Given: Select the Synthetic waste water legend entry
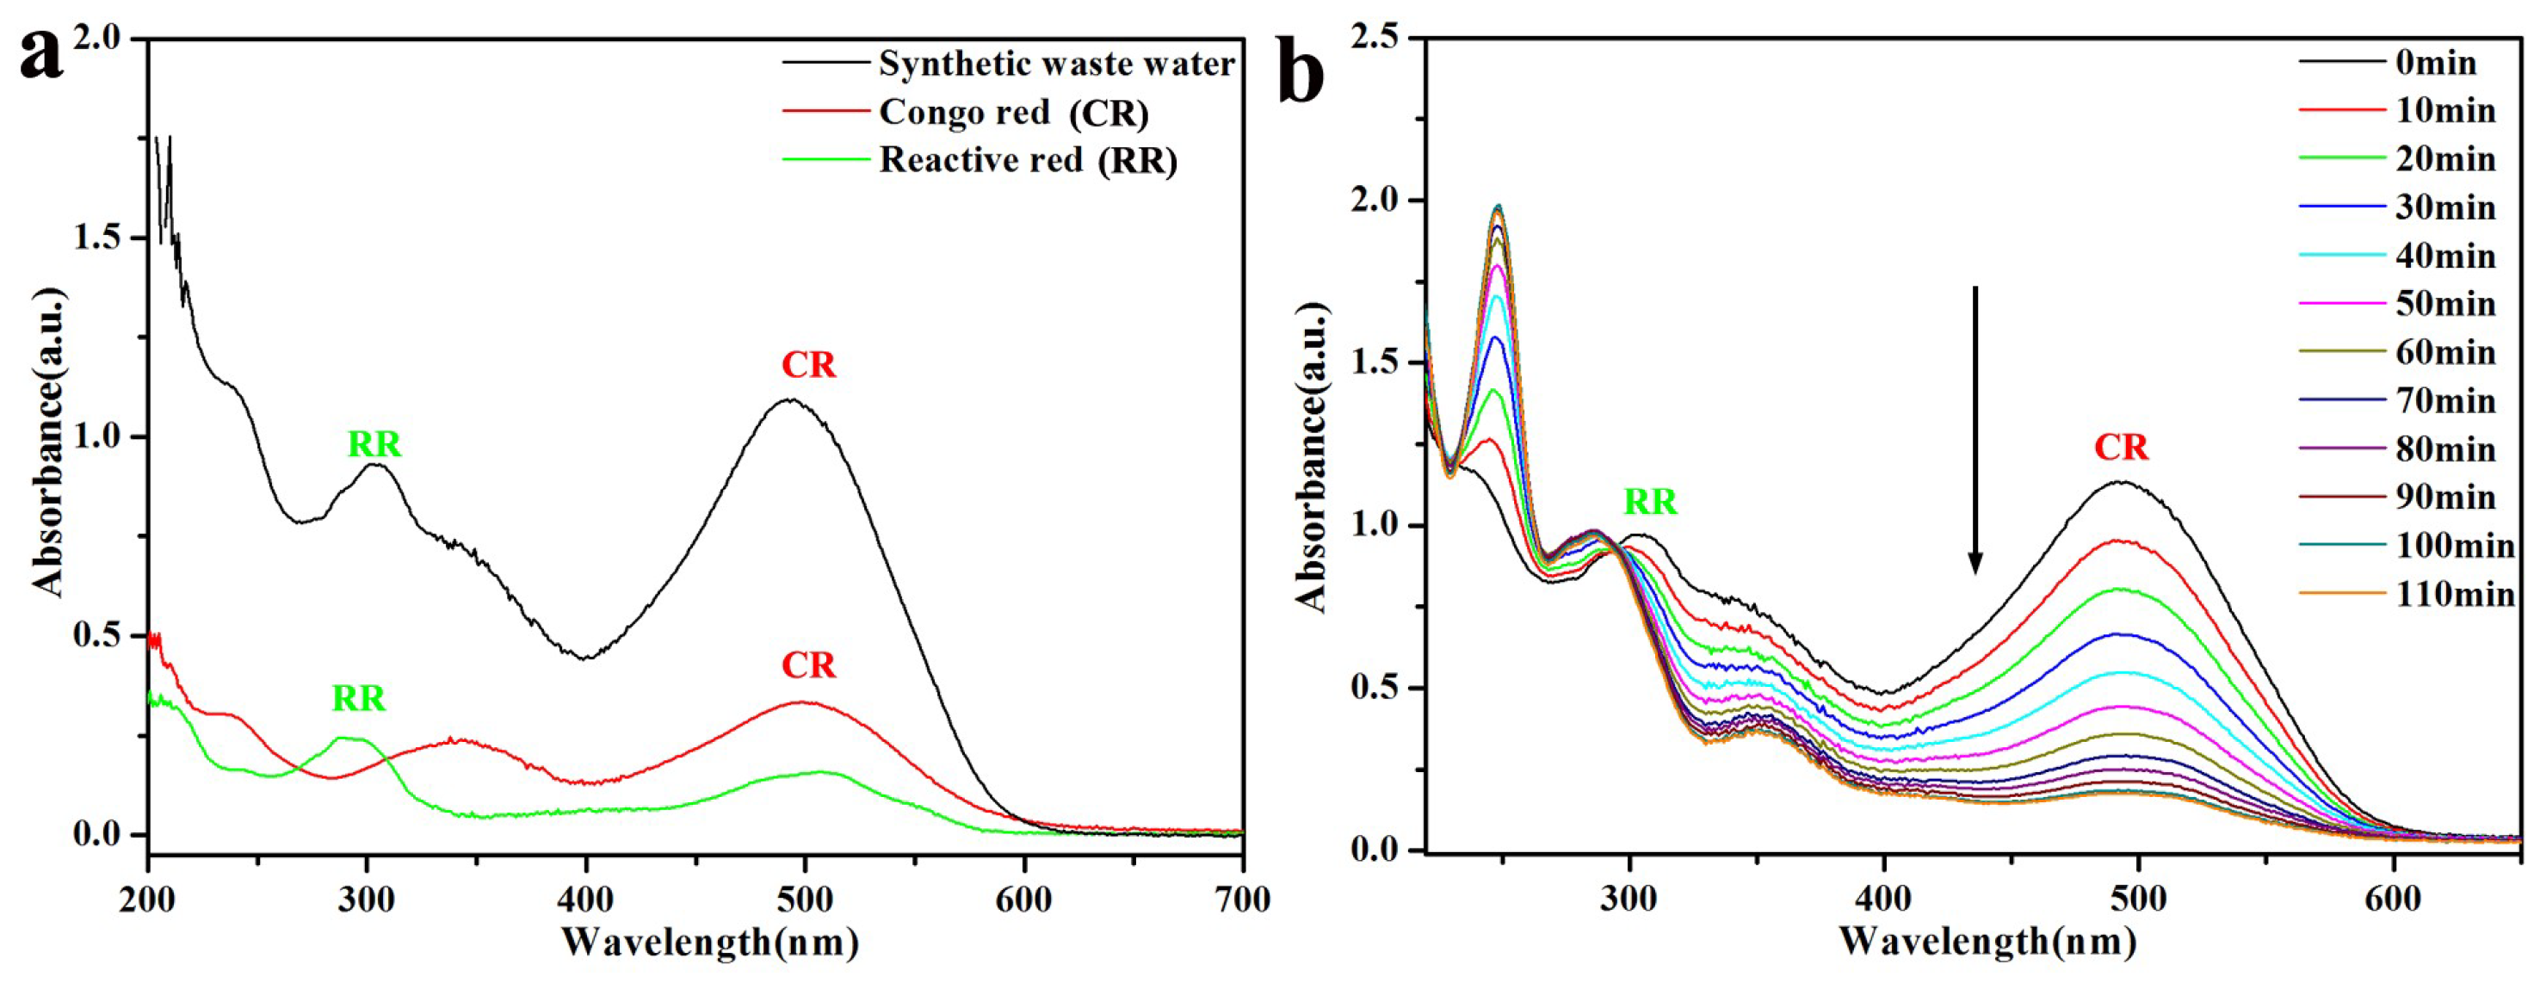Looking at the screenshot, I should [x=1055, y=64].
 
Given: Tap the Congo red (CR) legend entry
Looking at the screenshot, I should [x=1013, y=113].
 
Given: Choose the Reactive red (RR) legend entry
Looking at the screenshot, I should [x=1028, y=160].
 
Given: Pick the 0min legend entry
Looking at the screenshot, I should [x=2436, y=63].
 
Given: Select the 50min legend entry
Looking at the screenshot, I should [x=2445, y=304].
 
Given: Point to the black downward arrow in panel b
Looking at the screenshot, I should [x=1975, y=429].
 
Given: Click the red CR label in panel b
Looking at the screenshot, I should [x=2121, y=448].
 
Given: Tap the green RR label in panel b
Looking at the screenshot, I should [x=1651, y=502].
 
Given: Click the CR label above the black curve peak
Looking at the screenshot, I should [x=808, y=365].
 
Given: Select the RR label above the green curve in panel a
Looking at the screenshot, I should [x=358, y=698].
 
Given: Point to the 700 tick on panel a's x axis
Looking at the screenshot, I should [x=1242, y=900].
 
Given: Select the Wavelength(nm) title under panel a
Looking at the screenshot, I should [x=710, y=942].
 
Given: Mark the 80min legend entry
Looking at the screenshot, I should [x=2445, y=448].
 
